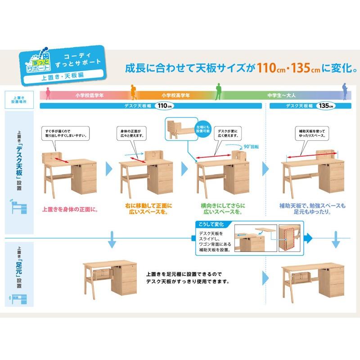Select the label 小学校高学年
tap(175, 95)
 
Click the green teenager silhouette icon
tap(218, 92)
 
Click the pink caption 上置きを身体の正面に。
tap(69, 209)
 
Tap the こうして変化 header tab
tap(211, 225)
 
